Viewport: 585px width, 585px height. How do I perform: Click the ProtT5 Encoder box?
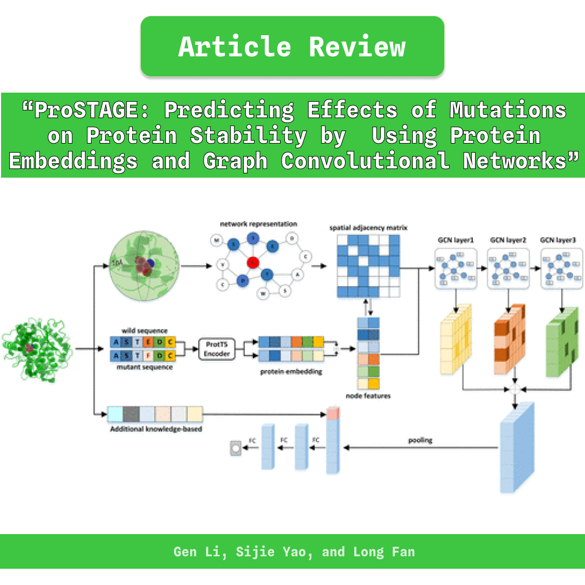217,349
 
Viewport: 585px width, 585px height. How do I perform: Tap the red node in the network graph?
252,263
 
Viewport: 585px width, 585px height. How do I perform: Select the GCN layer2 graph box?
508,268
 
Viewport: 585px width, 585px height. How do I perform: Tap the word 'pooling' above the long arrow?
420,440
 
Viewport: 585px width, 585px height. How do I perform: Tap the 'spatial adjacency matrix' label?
368,228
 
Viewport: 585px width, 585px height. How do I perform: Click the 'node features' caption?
368,396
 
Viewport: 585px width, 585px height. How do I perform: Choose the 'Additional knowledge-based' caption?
156,429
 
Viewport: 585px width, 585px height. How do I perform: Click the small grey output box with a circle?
236,448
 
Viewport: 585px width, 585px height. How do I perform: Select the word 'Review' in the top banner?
357,47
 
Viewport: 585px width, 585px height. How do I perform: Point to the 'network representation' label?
258,224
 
